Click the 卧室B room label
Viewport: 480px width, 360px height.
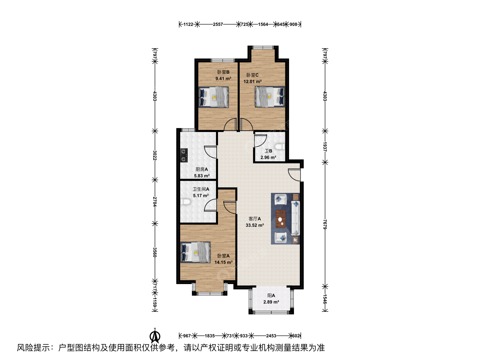tap(223, 72)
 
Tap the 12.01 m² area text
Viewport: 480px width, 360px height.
tap(253, 82)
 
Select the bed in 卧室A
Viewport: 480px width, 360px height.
tap(195, 252)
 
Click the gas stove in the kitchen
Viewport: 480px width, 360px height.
tap(184, 155)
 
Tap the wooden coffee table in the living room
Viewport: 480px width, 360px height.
tap(281, 219)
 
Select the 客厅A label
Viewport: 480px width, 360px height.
tap(255, 219)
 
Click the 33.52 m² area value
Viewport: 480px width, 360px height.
tap(255, 225)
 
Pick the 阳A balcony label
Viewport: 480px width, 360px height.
tap(271, 296)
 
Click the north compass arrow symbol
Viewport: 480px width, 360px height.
tap(155, 337)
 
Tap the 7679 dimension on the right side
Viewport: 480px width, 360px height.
tap(325, 224)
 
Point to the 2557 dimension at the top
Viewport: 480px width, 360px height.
tap(218, 24)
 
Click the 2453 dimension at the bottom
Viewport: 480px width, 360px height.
tap(271, 336)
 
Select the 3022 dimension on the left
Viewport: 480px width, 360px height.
tap(155, 155)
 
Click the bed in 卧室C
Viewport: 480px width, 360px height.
tap(270, 97)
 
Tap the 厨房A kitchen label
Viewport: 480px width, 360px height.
tap(202, 169)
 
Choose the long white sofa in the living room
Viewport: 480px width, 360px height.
tap(295, 218)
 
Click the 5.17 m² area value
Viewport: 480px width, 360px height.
tap(201, 196)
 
